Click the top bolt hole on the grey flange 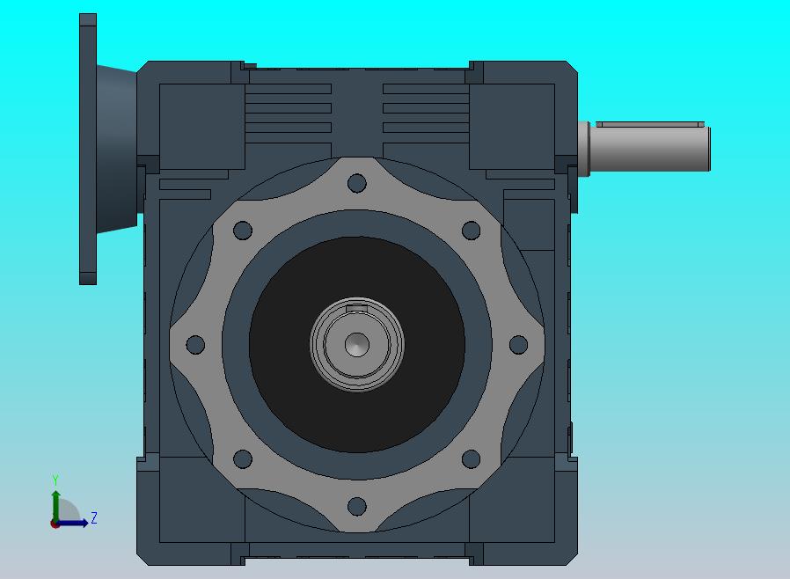[356, 183]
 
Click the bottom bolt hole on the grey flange [356, 507]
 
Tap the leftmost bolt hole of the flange [195, 345]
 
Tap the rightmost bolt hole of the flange [518, 345]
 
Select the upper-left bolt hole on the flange [243, 231]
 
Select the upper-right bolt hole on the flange [471, 231]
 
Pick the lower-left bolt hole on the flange [243, 459]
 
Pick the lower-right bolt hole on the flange [471, 459]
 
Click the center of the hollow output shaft [356, 345]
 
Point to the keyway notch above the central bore [356, 308]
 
